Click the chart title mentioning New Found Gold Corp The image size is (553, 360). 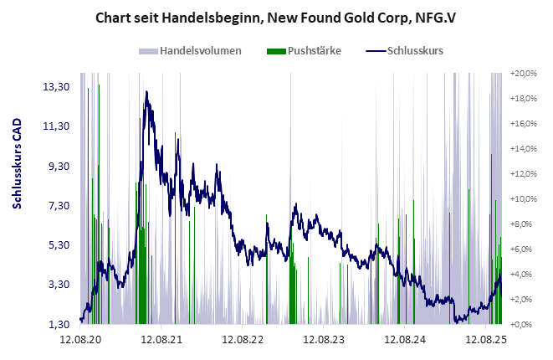coord(276,16)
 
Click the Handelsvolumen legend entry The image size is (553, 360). coord(200,50)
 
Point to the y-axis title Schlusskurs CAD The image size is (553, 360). coord(17,186)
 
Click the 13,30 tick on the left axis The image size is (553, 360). coord(56,86)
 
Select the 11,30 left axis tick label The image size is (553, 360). coord(56,126)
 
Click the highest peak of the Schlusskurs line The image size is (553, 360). coord(147,91)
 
